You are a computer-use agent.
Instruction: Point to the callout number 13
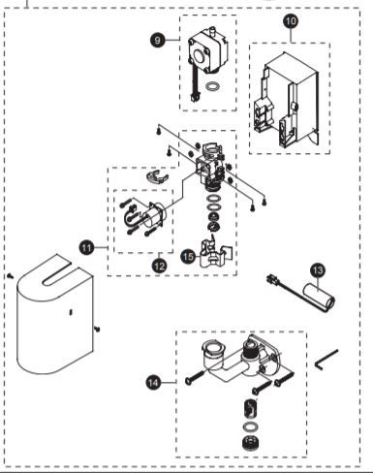click(316, 269)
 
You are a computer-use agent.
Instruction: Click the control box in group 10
click(289, 102)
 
